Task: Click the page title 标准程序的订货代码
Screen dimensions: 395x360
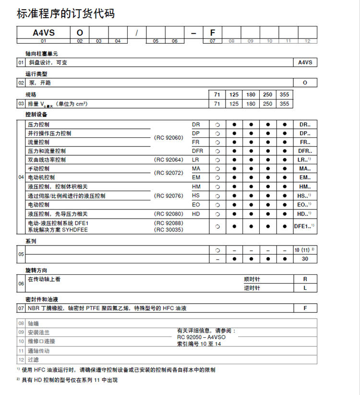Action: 66,13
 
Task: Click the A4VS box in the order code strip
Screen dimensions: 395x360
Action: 43,33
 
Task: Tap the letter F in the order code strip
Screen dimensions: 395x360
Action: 212,33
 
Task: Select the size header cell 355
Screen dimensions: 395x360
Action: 284,95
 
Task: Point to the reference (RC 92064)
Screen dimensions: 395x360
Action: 168,160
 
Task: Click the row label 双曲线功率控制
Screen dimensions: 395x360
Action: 47,160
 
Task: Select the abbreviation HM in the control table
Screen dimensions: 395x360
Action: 196,186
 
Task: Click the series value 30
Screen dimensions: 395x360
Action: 305,259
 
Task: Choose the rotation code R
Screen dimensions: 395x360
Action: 305,279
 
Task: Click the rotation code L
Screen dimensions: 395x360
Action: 305,288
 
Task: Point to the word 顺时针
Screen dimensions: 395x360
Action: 252,279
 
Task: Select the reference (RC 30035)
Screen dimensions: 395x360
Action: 168,230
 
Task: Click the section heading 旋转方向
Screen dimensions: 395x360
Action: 36,271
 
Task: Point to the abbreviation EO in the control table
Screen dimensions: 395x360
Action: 196,204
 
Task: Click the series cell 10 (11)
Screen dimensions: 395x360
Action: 304,250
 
